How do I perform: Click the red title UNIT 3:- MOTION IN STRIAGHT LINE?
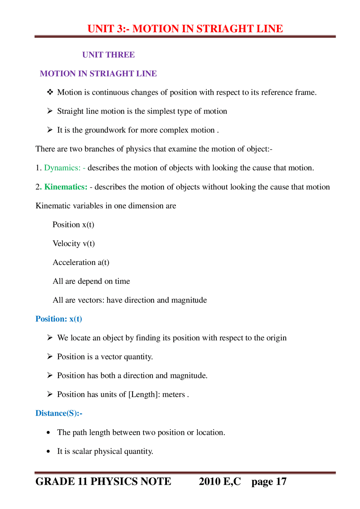click(x=185, y=29)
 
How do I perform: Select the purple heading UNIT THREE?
click(x=108, y=55)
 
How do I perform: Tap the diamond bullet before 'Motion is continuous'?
click(x=50, y=92)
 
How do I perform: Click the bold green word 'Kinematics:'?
click(x=66, y=187)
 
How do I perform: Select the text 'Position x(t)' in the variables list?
click(x=73, y=225)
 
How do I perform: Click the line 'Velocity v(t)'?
click(x=73, y=243)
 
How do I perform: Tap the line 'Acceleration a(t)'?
click(x=81, y=262)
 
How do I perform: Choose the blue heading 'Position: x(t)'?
click(x=58, y=319)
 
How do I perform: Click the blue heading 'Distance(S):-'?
click(x=58, y=413)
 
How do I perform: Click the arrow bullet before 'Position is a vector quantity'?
click(x=50, y=357)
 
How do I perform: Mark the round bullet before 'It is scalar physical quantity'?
click(x=48, y=451)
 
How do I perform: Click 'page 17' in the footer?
click(x=269, y=482)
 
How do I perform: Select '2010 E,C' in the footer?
click(x=220, y=482)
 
